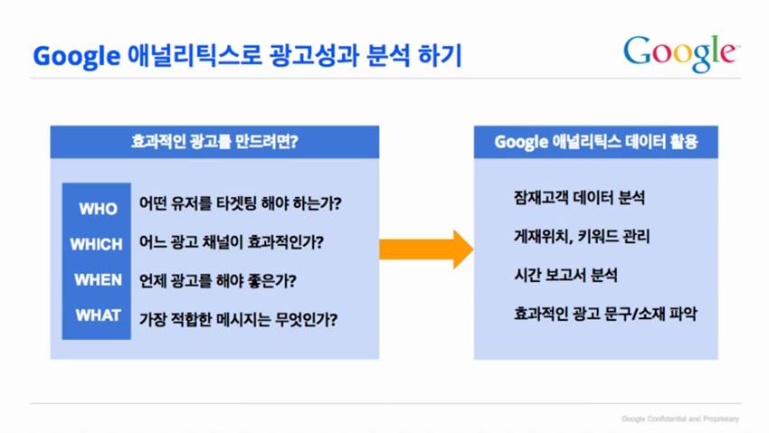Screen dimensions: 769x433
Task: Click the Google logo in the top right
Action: [681, 53]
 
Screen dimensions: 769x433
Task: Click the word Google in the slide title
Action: [76, 56]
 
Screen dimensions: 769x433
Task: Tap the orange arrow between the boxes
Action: [426, 249]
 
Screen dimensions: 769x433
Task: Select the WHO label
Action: [98, 209]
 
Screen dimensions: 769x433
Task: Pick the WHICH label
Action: [96, 244]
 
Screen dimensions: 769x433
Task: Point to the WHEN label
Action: [98, 279]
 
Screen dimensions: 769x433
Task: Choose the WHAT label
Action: [98, 315]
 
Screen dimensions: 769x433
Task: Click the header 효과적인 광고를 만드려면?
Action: [214, 142]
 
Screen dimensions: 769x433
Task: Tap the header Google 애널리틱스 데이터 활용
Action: [596, 142]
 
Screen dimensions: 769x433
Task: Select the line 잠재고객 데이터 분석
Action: [579, 197]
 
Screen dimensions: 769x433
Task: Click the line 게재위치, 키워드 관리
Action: [582, 237]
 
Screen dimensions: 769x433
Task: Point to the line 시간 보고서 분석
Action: [565, 275]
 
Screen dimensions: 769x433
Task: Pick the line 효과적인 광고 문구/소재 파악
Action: [605, 314]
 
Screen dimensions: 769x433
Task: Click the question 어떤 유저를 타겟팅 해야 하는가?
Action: [241, 202]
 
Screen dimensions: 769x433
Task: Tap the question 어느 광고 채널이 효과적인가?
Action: [232, 242]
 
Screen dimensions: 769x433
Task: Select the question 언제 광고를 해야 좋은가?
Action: [218, 280]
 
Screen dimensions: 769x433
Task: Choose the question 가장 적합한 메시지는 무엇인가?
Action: [238, 319]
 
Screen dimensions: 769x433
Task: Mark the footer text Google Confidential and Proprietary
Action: [680, 419]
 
